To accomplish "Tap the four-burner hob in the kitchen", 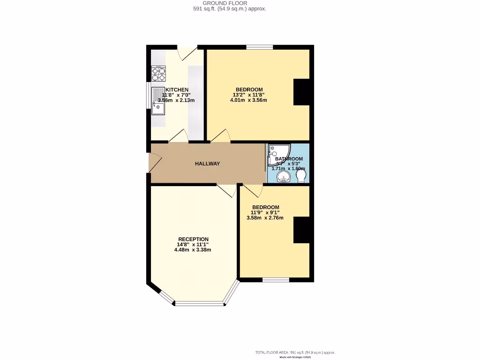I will click(158, 73).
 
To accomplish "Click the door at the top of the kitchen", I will click(189, 52).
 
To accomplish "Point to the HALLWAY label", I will click(207, 164).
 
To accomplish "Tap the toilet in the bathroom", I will click(301, 176).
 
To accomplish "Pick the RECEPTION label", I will click(193, 239).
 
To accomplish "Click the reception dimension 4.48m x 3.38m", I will click(193, 250).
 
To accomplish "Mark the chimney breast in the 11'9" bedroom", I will click(302, 230).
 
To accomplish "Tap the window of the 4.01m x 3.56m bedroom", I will click(260, 47).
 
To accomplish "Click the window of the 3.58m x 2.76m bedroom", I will click(276, 280).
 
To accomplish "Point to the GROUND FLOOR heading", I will click(229, 3).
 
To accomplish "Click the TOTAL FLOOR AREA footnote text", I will click(295, 352).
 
